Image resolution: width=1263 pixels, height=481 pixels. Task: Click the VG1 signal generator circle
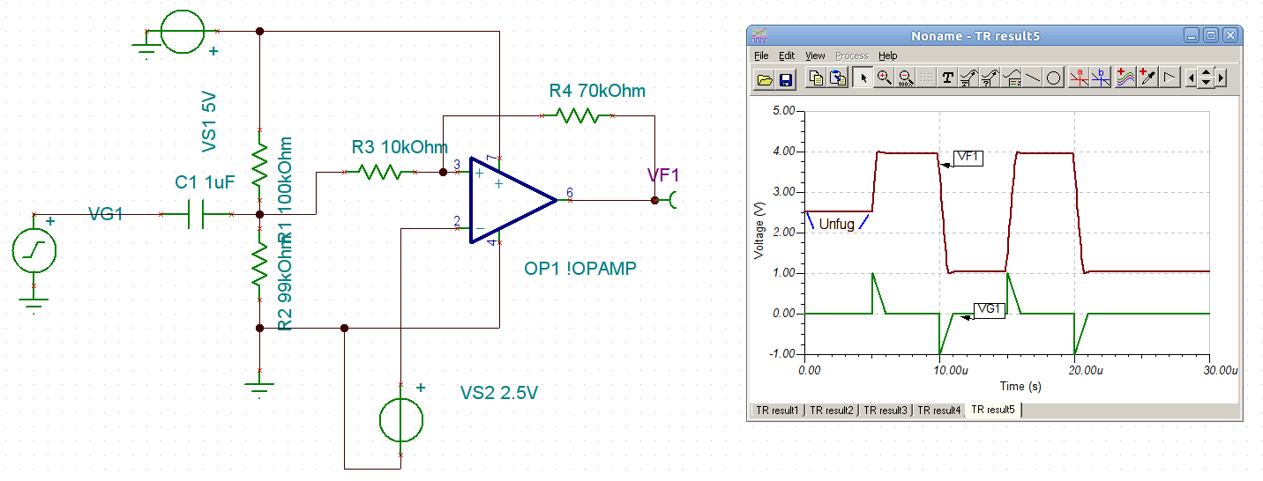(34, 250)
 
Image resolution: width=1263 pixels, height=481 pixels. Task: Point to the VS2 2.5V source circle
(401, 419)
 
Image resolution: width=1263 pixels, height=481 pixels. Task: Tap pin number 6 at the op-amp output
(569, 192)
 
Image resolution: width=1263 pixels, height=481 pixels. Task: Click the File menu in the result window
(760, 55)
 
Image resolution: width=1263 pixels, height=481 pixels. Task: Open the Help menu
(888, 55)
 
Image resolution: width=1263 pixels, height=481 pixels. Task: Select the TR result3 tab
(886, 410)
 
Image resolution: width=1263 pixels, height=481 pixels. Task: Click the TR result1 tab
(777, 410)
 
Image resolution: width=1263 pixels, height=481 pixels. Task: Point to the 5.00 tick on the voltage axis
(782, 111)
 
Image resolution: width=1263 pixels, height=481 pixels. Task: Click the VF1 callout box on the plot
(968, 158)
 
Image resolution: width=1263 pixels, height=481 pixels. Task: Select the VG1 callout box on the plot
(990, 309)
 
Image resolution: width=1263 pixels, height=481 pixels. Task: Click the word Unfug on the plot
(836, 225)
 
